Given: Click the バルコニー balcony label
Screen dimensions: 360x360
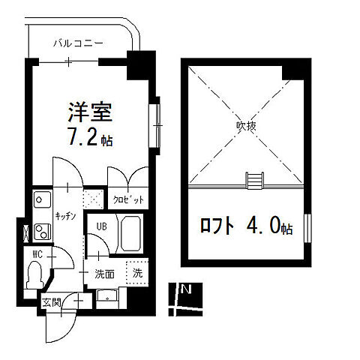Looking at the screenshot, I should tap(77, 43).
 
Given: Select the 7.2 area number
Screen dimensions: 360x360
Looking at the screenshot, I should tap(84, 139).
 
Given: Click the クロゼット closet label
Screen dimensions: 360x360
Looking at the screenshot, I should tap(128, 200).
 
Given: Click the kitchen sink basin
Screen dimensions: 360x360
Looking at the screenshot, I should tap(40, 200).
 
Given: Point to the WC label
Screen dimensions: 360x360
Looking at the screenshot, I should tap(35, 253).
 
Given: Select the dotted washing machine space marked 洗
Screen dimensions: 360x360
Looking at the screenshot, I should tap(136, 272).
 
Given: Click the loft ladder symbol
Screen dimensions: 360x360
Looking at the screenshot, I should tap(255, 180).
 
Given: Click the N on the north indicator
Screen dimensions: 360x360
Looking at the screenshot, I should tap(186, 289).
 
